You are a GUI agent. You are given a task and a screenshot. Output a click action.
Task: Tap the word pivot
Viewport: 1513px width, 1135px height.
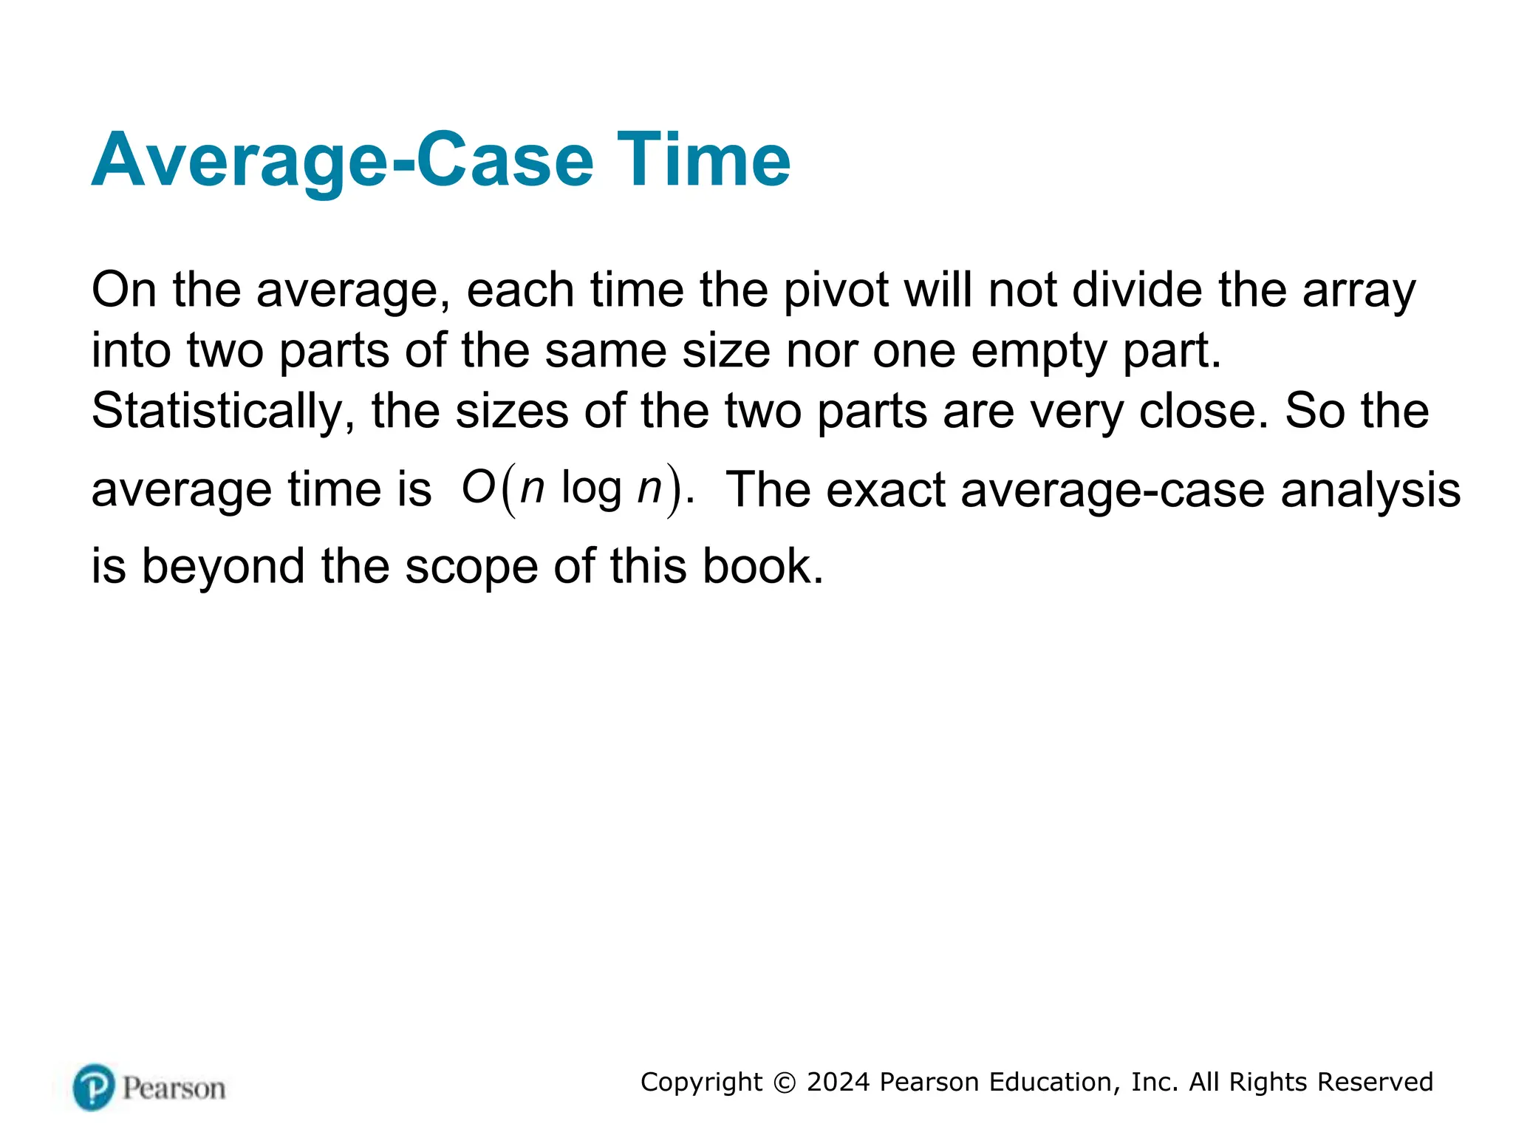(836, 290)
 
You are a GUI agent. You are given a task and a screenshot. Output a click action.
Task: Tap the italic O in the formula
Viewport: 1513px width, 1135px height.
(478, 488)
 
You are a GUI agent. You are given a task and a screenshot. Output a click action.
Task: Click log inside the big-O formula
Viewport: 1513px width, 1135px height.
(591, 489)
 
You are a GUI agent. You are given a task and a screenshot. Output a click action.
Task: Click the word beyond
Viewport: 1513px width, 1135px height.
(222, 567)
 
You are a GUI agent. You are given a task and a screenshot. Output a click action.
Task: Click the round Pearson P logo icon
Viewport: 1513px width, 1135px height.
(94, 1087)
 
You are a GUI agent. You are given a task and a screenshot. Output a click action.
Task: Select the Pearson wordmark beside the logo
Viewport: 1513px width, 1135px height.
(174, 1088)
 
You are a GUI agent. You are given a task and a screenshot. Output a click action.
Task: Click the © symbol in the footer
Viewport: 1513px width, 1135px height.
(784, 1083)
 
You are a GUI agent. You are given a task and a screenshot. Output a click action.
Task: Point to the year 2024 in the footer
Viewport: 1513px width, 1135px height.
(838, 1082)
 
